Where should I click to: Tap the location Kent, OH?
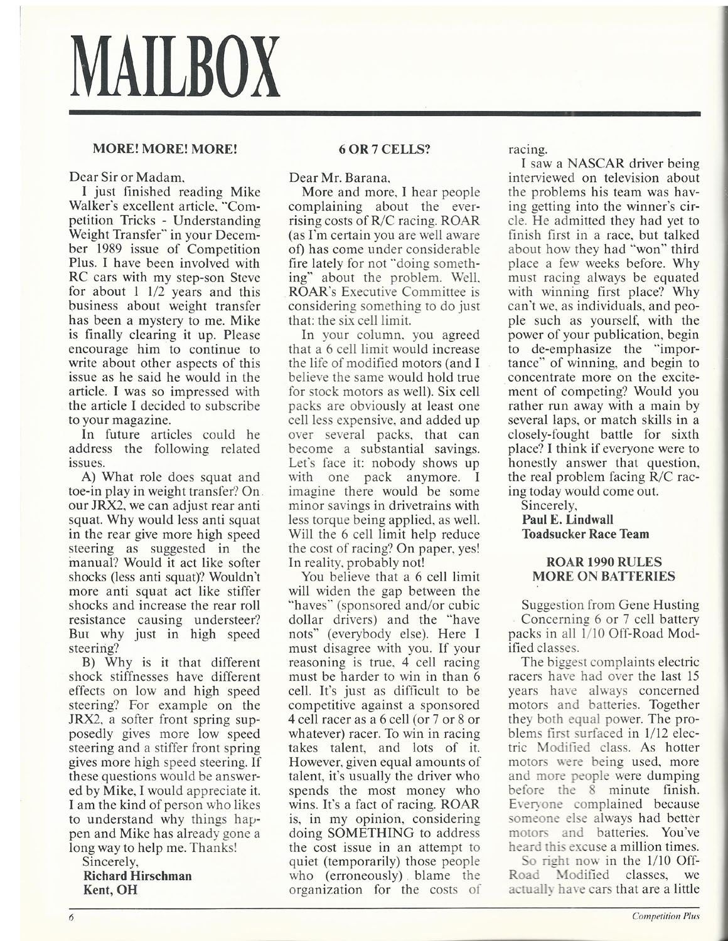point(109,889)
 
